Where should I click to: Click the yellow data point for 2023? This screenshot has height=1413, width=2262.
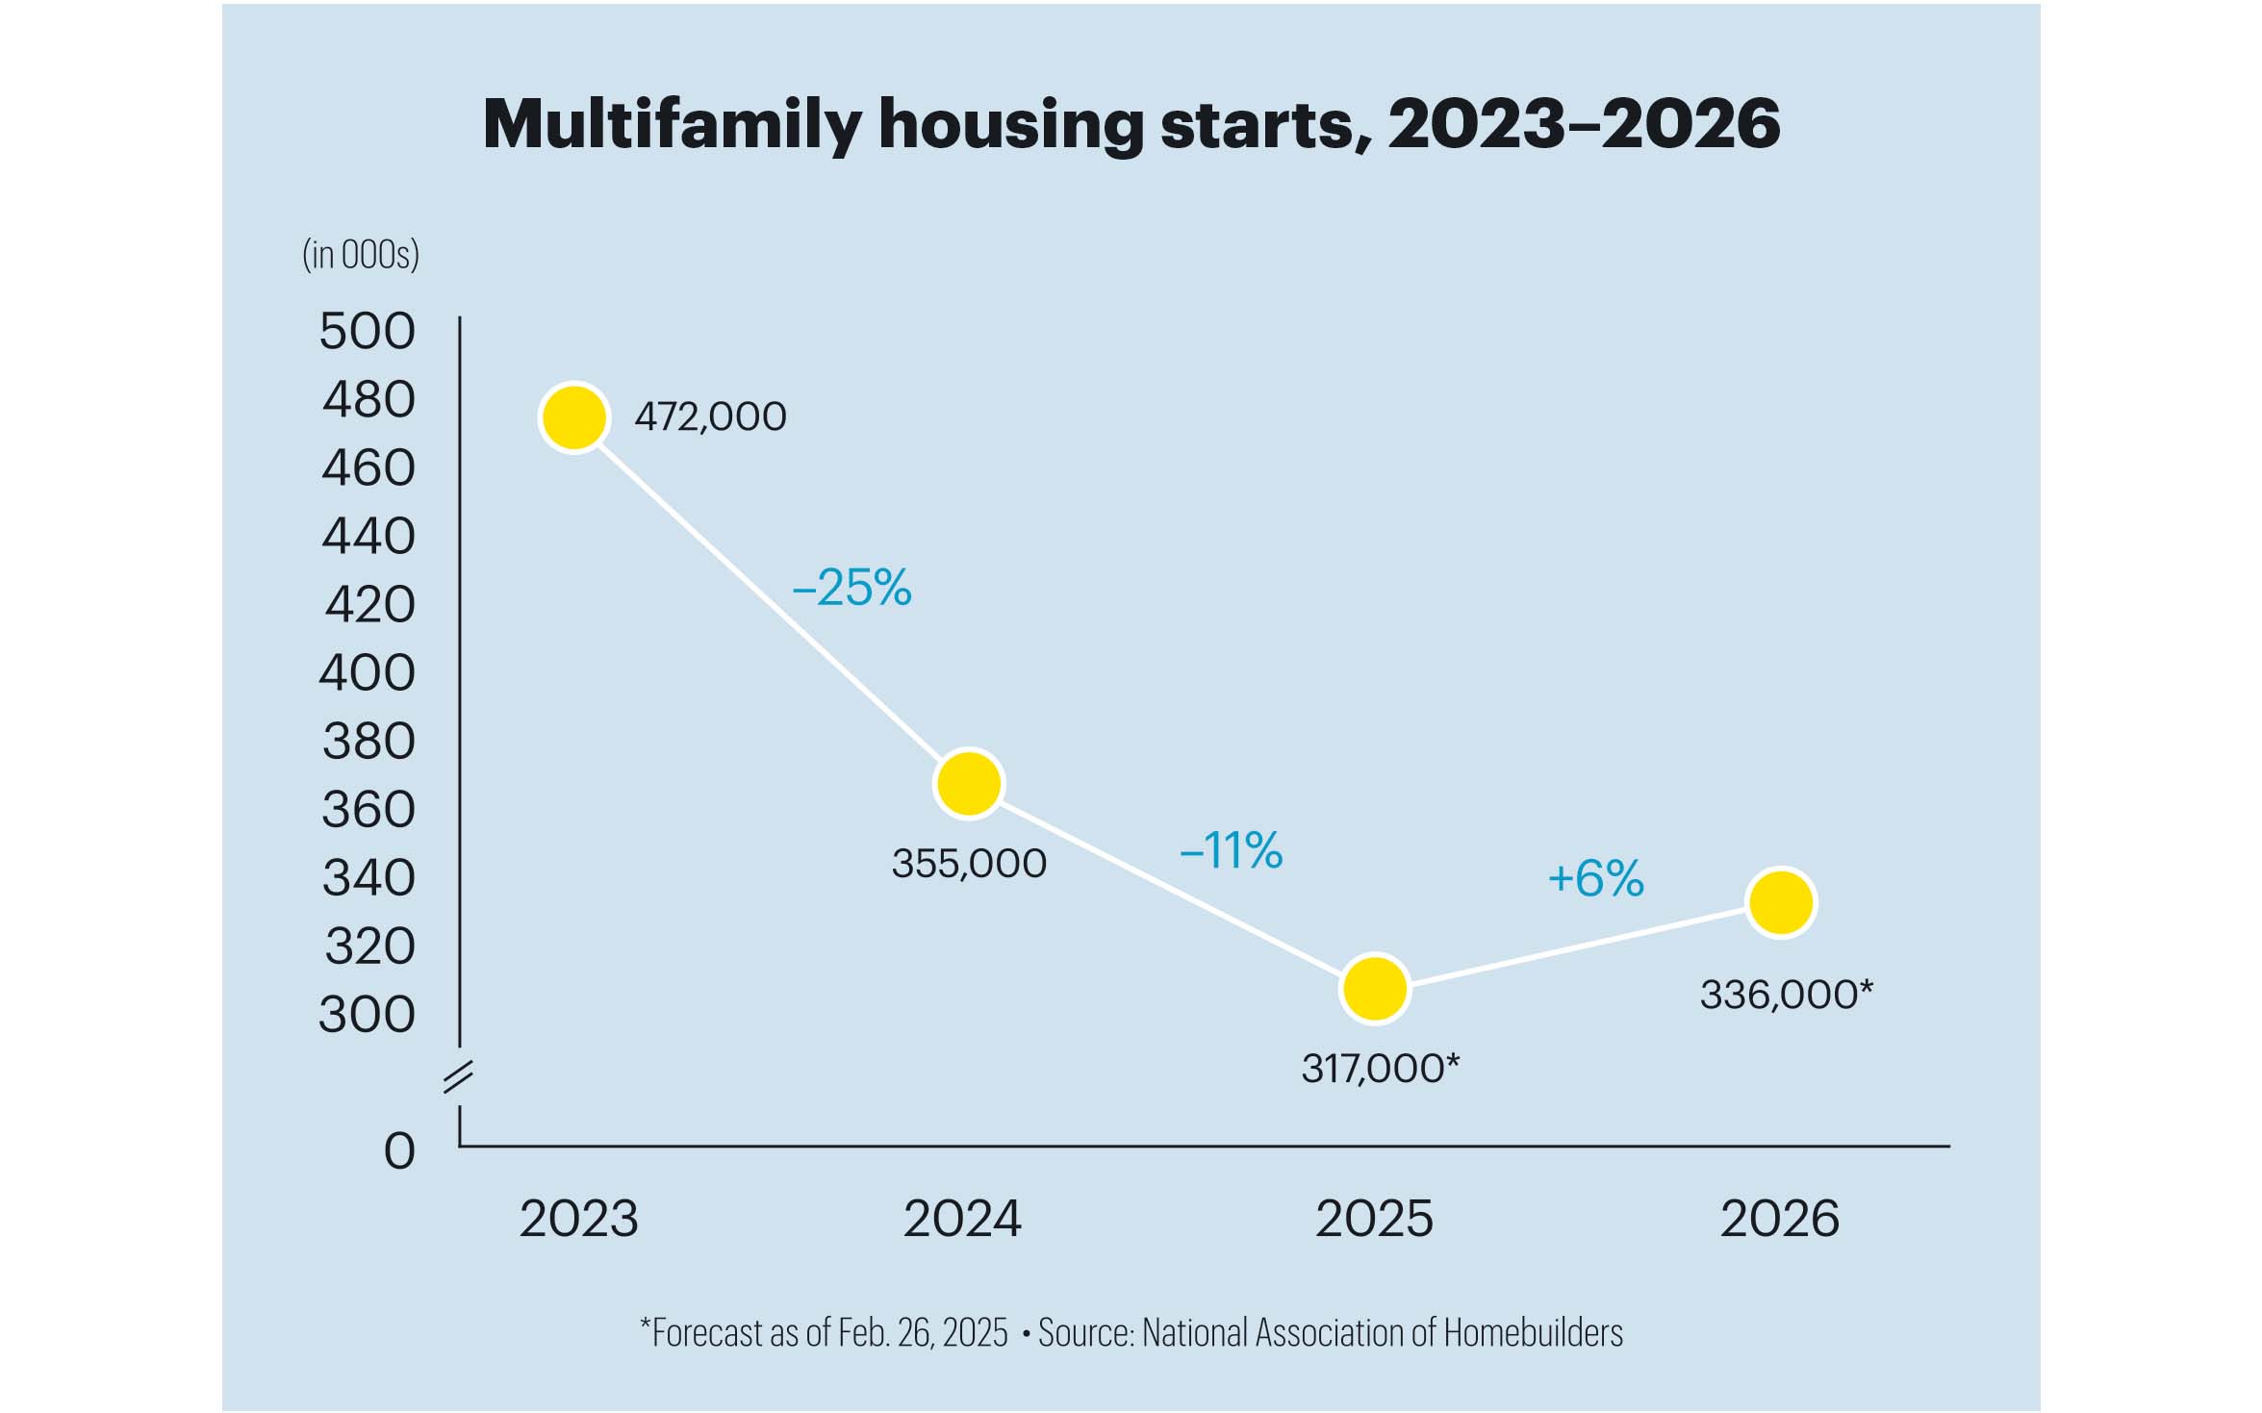pyautogui.click(x=574, y=417)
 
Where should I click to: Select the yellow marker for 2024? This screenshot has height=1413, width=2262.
pyautogui.click(x=969, y=784)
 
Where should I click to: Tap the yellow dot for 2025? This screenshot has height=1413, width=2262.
pyautogui.click(x=1375, y=988)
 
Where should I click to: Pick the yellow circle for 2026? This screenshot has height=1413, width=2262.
pyautogui.click(x=1781, y=902)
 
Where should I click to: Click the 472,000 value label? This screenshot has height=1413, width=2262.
pyautogui.click(x=710, y=417)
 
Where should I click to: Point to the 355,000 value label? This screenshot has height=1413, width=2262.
pyautogui.click(x=969, y=864)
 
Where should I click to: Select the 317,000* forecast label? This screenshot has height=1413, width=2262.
pyautogui.click(x=1380, y=1069)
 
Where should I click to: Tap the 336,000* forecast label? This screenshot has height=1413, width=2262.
pyautogui.click(x=1786, y=995)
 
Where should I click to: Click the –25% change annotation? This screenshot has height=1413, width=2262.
pyautogui.click(x=851, y=588)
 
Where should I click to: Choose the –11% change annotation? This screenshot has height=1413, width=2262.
pyautogui.click(x=1231, y=850)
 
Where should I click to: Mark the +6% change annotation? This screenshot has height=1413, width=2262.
pyautogui.click(x=1595, y=878)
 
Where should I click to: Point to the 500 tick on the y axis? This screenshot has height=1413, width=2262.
pyautogui.click(x=367, y=331)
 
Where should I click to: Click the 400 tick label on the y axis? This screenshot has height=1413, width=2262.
pyautogui.click(x=367, y=672)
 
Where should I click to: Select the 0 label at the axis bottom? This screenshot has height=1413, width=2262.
pyautogui.click(x=399, y=1150)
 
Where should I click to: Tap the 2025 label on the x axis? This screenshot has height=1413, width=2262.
pyautogui.click(x=1374, y=1219)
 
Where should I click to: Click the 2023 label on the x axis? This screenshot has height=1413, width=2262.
pyautogui.click(x=578, y=1219)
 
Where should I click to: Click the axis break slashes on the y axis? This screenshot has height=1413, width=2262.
pyautogui.click(x=458, y=1077)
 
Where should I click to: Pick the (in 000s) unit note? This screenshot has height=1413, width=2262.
pyautogui.click(x=361, y=255)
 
